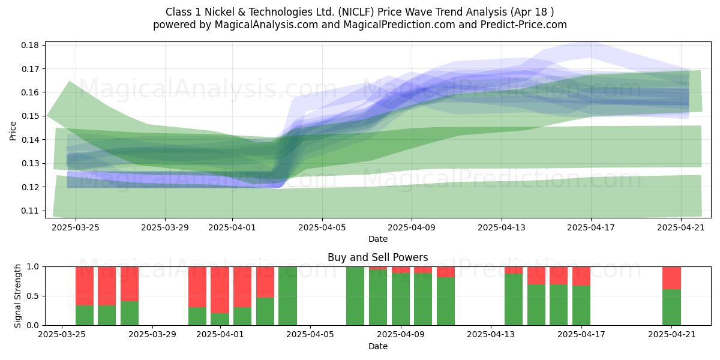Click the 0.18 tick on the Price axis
30,45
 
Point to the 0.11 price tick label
30,211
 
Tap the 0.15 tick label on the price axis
30,116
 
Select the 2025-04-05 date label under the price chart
322,227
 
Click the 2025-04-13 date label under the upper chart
502,227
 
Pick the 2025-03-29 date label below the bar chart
152,335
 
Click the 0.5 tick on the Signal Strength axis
34,296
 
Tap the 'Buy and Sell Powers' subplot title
377,257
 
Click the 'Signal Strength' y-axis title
17,296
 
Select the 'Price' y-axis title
13,131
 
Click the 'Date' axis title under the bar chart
377,346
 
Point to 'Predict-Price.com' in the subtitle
524,25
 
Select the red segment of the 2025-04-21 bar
671,278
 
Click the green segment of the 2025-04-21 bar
671,307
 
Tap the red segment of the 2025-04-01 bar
220,290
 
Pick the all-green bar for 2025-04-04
287,296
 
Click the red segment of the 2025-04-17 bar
581,276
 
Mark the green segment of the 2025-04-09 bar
401,299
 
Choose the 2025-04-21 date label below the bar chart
672,335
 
